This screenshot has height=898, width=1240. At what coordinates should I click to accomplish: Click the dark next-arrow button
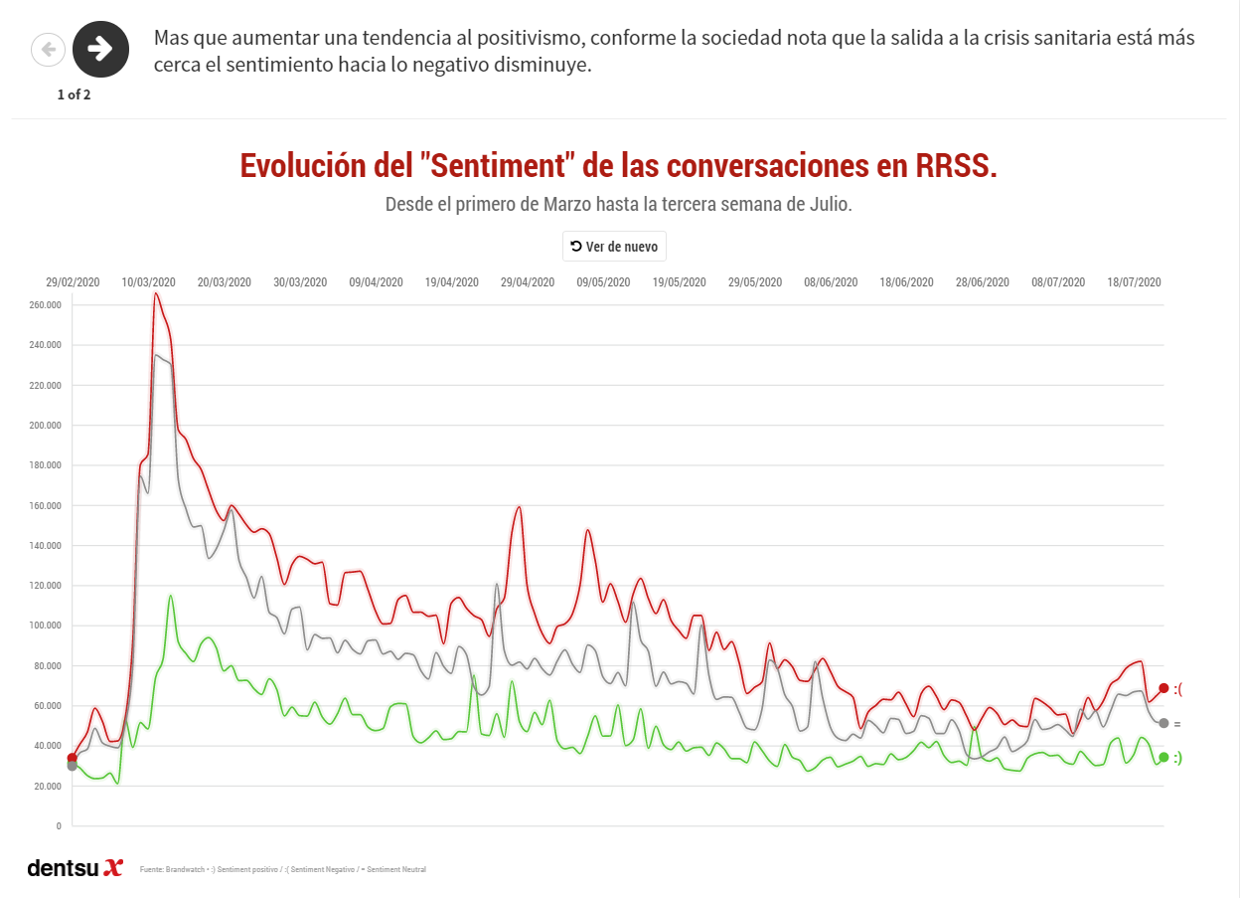[x=100, y=49]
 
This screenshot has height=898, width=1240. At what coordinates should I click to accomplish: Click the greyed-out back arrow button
[x=48, y=49]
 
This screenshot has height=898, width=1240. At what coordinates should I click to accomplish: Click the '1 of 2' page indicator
[x=74, y=94]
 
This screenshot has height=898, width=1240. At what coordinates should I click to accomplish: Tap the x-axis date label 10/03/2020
[x=149, y=282]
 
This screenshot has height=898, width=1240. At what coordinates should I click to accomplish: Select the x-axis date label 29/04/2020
[x=529, y=282]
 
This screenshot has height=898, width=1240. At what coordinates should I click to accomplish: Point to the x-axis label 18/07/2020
[x=1134, y=282]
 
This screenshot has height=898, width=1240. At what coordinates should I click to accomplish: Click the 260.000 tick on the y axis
[x=46, y=305]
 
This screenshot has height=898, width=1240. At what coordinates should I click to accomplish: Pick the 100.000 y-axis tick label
[x=46, y=626]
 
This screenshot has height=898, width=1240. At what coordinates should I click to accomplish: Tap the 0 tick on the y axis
[x=59, y=826]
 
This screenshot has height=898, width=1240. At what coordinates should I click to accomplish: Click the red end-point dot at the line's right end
[x=1163, y=688]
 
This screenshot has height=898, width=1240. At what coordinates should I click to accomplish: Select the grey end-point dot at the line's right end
[x=1163, y=723]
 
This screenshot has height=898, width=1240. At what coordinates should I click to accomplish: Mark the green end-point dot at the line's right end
[x=1163, y=758]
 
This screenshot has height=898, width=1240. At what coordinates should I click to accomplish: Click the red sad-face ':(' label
[x=1178, y=688]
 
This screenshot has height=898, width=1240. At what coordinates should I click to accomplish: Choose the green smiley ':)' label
[x=1178, y=758]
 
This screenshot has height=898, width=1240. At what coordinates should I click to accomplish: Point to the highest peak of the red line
[x=156, y=294]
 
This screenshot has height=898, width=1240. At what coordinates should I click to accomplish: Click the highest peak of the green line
[x=171, y=596]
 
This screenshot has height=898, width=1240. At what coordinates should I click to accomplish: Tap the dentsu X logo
[x=75, y=867]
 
